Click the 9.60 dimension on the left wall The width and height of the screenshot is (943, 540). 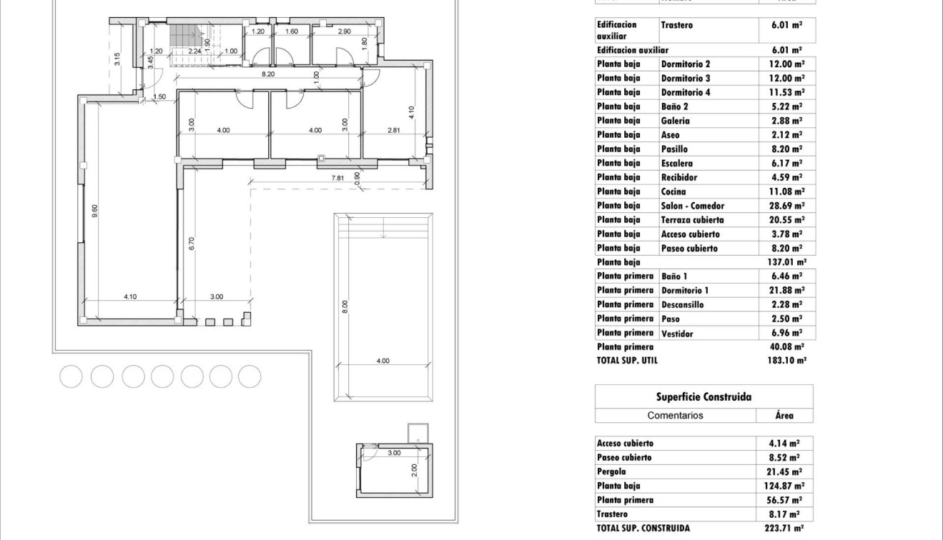click(x=94, y=211)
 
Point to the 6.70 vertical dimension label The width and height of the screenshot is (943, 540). click(x=192, y=244)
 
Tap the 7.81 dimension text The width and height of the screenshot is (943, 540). click(x=338, y=177)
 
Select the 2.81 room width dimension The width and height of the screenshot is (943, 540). click(x=394, y=130)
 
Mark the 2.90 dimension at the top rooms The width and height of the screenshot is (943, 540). click(x=344, y=31)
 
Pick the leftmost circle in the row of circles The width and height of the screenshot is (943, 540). click(x=71, y=376)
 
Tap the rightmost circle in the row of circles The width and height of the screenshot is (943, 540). click(x=250, y=376)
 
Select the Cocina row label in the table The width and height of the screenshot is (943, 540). click(x=673, y=191)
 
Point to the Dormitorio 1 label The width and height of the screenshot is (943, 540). click(x=685, y=290)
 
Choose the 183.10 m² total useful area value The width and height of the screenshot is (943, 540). click(x=786, y=361)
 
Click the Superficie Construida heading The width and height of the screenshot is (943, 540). click(x=703, y=396)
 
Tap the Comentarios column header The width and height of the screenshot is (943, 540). click(x=675, y=415)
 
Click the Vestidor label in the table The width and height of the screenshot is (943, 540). click(x=677, y=333)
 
